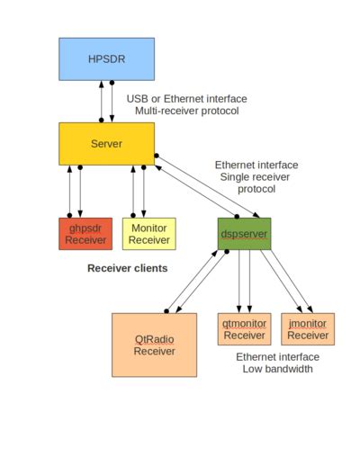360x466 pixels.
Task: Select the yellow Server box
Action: pos(106,143)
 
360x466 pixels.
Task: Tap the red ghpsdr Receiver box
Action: pos(85,234)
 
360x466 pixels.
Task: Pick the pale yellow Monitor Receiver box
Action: pos(148,234)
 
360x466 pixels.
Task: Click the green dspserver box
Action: pos(243,233)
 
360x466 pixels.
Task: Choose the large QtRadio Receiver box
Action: pos(154,345)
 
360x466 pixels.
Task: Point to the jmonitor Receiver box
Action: pos(308,329)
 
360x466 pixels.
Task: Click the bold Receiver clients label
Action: pos(128,268)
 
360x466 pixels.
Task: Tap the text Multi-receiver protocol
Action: pos(186,111)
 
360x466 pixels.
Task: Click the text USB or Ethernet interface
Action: pos(186,98)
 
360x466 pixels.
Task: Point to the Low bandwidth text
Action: pos(277,369)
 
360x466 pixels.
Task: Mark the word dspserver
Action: pos(243,233)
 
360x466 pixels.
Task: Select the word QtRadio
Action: pos(154,338)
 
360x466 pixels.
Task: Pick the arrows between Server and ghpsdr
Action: pos(75,191)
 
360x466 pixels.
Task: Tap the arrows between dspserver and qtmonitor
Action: pos(244,282)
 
